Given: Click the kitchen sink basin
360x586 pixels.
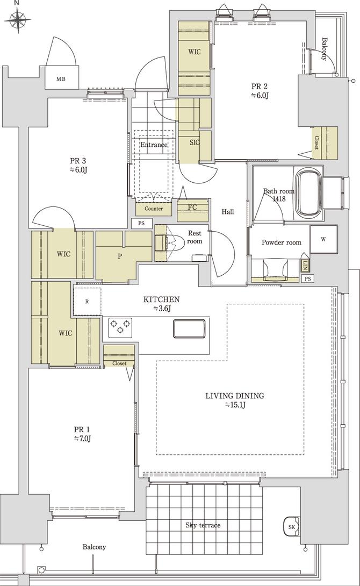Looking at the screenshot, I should point(189,328).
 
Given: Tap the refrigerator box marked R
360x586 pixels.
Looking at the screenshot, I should point(87,302).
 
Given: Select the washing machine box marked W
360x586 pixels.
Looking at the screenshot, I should point(323,239).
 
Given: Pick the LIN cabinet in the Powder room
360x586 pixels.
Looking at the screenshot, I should point(305,265).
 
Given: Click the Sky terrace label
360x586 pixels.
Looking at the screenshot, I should point(203,525).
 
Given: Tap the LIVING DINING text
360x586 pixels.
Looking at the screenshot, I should point(234,396).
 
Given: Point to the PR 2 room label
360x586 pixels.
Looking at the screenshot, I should point(259,86).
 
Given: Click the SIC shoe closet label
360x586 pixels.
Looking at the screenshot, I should point(195,142).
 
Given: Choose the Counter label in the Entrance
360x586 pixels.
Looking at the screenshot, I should point(154,209).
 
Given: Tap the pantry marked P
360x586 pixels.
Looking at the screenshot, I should point(120,256).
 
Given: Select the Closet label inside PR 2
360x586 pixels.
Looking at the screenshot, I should point(316,142).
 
